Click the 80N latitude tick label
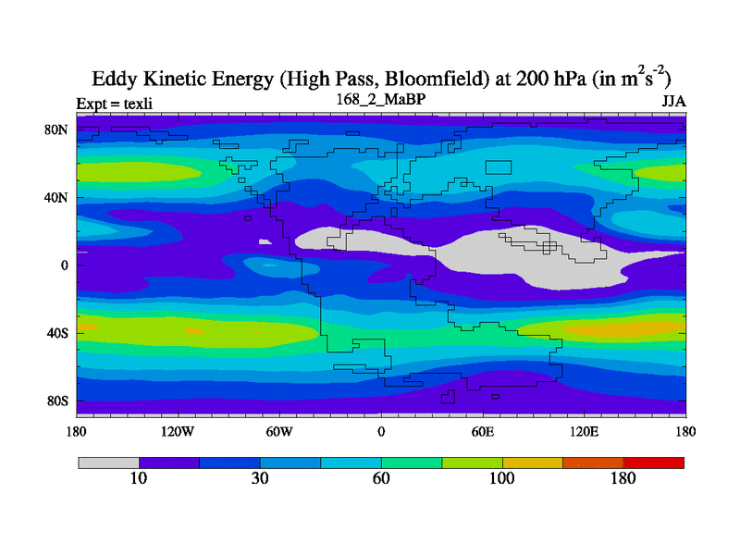58,129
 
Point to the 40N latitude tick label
58,197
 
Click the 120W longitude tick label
177,431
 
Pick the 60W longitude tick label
279,431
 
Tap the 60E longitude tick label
483,431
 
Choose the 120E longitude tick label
585,431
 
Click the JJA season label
672,101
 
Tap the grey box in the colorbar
108,462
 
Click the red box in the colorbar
654,462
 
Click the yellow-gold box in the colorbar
533,462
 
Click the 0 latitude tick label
66,265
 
